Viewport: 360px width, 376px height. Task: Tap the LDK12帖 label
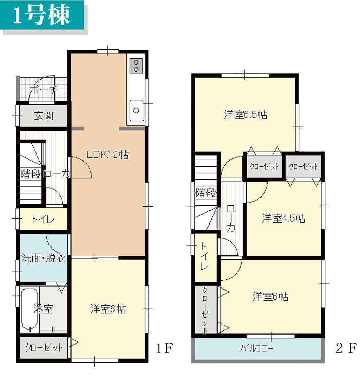pyautogui.click(x=107, y=155)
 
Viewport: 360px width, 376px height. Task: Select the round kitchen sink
pyautogui.click(x=136, y=111)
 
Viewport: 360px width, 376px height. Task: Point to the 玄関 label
pyautogui.click(x=44, y=116)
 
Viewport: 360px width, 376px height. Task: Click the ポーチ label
pyautogui.click(x=43, y=90)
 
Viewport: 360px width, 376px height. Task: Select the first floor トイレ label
pyautogui.click(x=42, y=219)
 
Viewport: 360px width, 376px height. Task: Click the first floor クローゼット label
pyautogui.click(x=44, y=348)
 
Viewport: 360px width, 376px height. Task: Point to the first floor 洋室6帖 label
pyautogui.click(x=108, y=309)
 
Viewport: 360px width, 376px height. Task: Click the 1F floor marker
pyautogui.click(x=165, y=349)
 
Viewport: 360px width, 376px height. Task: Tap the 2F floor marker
pyautogui.click(x=346, y=349)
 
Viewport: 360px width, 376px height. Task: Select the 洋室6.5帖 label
pyautogui.click(x=245, y=115)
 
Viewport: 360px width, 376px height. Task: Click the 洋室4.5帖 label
pyautogui.click(x=283, y=218)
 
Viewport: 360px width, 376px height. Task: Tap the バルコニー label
pyautogui.click(x=257, y=349)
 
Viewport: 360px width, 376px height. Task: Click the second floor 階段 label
pyautogui.click(x=206, y=193)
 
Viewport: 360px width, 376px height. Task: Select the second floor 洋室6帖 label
pyautogui.click(x=270, y=297)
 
